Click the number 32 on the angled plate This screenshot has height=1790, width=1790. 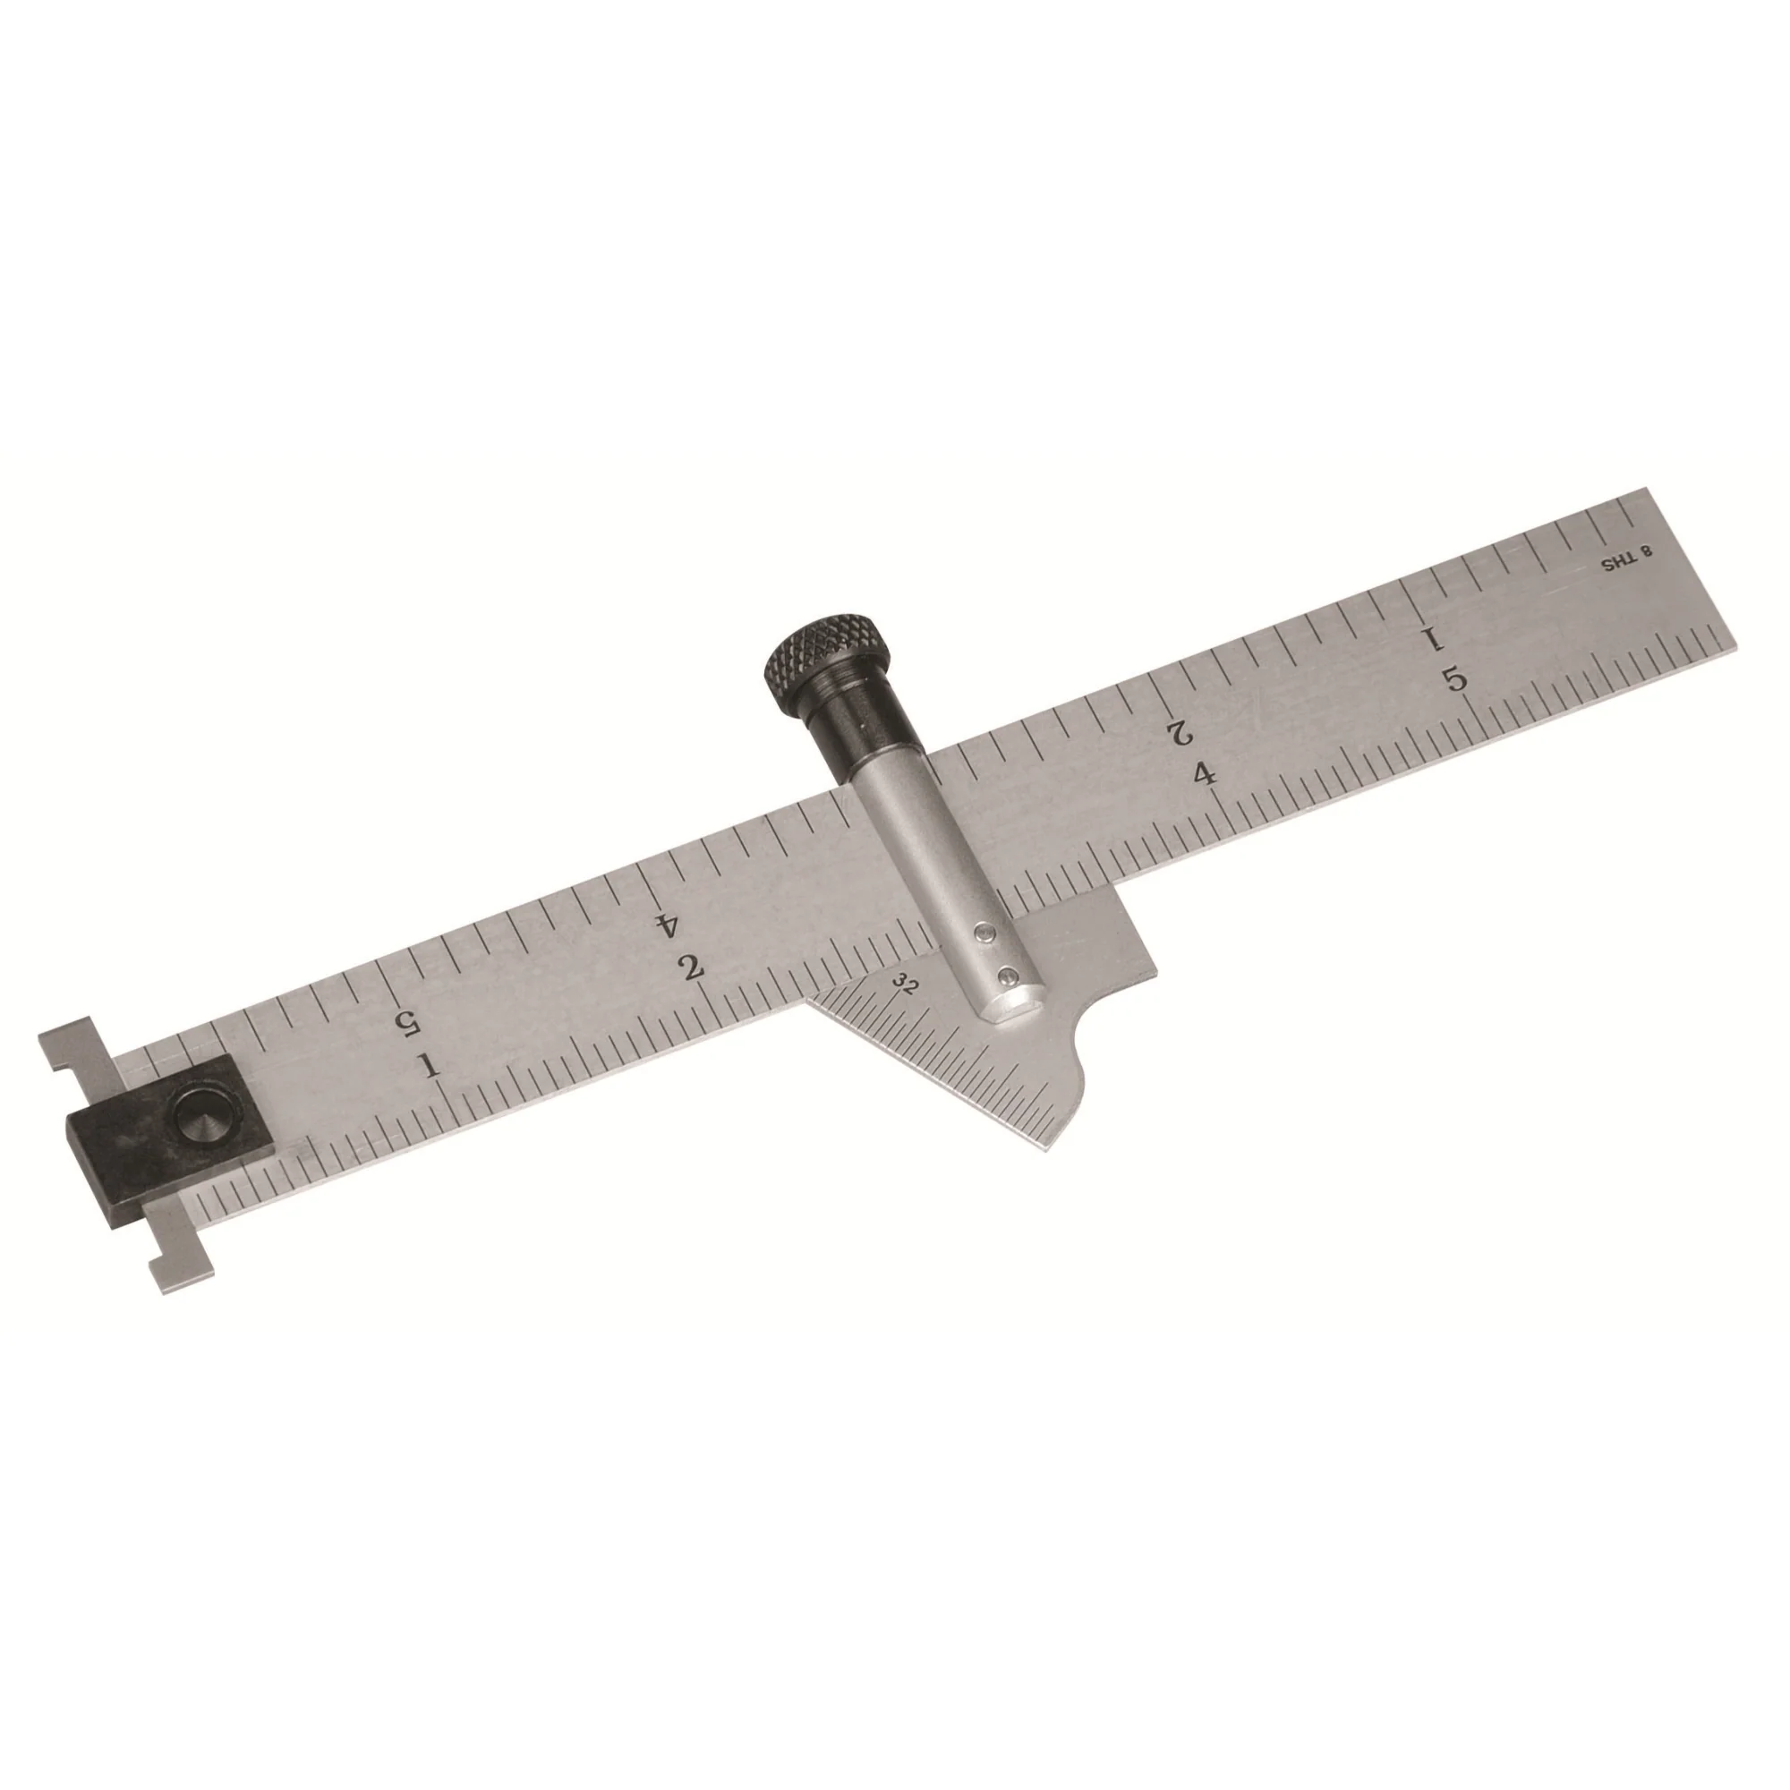point(905,985)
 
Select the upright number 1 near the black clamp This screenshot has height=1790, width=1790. point(429,1067)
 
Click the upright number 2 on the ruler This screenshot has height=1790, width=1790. point(690,969)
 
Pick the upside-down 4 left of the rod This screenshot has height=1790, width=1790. point(664,924)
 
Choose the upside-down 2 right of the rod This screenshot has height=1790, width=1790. point(1180,731)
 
